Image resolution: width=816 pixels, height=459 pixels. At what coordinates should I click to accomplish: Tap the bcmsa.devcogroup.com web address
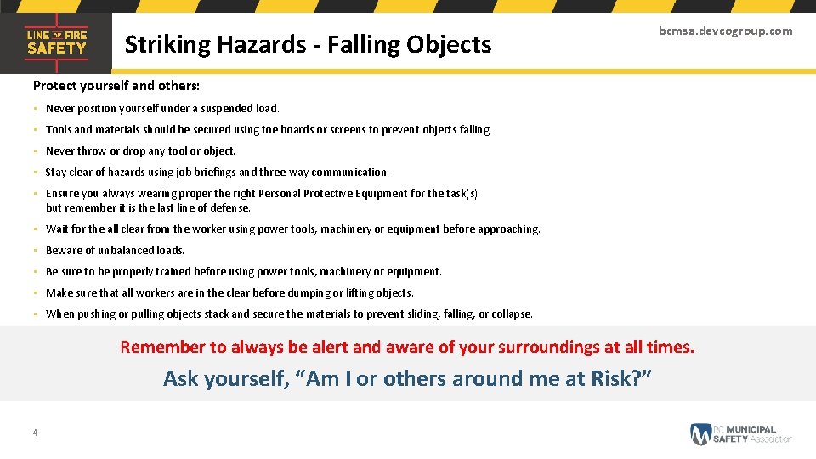click(725, 31)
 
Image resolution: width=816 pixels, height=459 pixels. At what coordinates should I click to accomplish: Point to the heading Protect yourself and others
click(116, 86)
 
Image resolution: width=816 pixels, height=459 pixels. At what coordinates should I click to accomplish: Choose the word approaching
click(508, 229)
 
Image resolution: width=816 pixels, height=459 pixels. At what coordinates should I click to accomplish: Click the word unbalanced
click(125, 251)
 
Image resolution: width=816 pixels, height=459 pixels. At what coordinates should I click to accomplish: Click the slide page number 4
click(35, 433)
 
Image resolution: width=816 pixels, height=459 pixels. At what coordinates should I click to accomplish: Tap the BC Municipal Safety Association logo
click(740, 433)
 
